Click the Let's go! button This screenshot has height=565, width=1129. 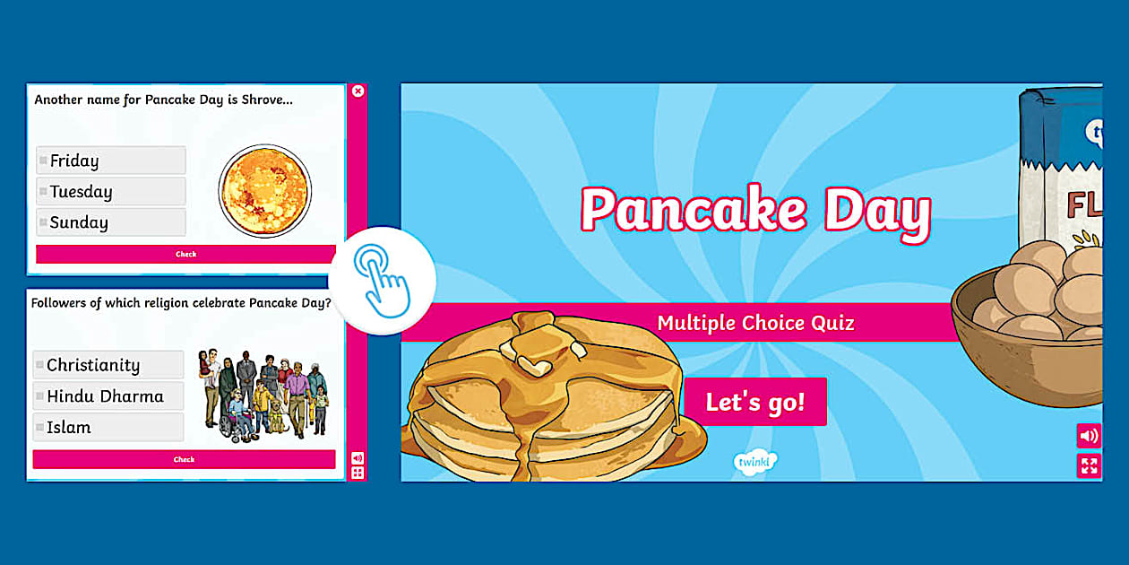755,402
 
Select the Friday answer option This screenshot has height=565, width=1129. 110,161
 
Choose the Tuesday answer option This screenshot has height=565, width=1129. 110,191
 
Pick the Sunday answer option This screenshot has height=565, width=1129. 110,222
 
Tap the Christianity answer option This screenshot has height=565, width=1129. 108,365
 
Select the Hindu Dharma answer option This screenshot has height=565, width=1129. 108,395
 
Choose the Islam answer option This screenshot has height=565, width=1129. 108,427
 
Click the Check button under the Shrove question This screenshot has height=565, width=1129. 185,255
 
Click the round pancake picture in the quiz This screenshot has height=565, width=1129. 264,191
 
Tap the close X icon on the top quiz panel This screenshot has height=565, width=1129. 358,91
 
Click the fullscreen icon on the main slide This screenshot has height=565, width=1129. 1089,465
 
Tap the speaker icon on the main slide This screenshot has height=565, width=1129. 1089,436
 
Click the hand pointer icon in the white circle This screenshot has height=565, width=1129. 383,281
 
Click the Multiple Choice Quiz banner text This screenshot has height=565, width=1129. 755,323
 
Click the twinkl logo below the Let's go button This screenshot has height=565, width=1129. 755,461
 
